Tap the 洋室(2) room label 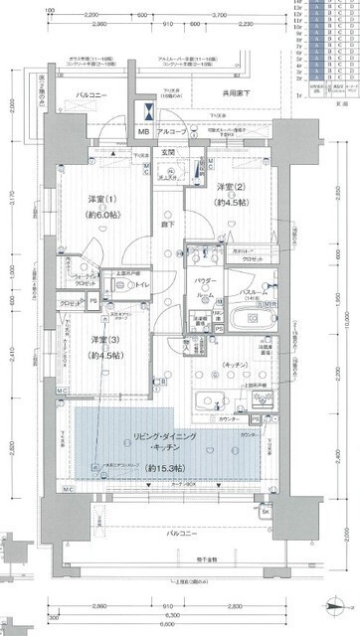pos(231,187)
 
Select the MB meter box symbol pos(143,131)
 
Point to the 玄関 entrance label pos(170,152)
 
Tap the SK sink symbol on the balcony pos(265,512)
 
